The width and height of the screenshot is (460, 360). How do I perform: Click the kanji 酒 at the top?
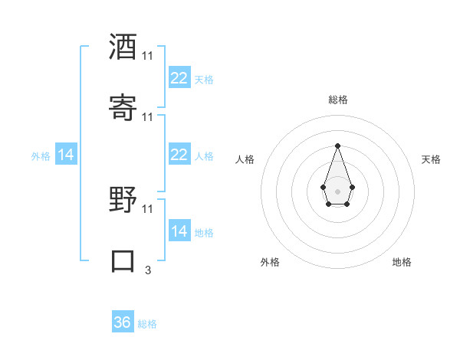(x=123, y=47)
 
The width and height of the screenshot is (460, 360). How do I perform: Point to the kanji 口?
(x=123, y=260)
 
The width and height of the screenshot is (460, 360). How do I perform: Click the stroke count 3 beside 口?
(x=147, y=270)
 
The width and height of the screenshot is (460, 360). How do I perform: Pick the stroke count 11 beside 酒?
(x=147, y=56)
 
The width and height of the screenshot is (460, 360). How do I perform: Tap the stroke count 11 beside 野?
(x=147, y=208)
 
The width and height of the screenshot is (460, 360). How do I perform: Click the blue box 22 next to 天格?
(x=179, y=78)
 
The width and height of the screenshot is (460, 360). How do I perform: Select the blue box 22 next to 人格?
(x=179, y=155)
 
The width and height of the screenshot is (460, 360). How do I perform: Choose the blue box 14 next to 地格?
(x=179, y=231)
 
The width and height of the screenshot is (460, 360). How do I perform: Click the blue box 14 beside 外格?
(x=66, y=155)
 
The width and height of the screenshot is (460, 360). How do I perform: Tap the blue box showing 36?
(x=123, y=322)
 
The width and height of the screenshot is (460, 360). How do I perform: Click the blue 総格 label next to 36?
(x=147, y=324)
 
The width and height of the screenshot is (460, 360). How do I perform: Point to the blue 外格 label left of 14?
(x=41, y=156)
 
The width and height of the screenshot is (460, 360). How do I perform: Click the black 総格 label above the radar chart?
(x=338, y=100)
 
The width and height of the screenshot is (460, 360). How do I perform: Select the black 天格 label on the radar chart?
(x=431, y=159)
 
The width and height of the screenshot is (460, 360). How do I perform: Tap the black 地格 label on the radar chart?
(x=402, y=262)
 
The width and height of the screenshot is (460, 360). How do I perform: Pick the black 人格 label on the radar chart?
(x=245, y=159)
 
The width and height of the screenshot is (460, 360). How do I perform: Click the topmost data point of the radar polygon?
(x=337, y=146)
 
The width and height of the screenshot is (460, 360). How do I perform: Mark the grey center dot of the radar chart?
(x=337, y=190)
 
